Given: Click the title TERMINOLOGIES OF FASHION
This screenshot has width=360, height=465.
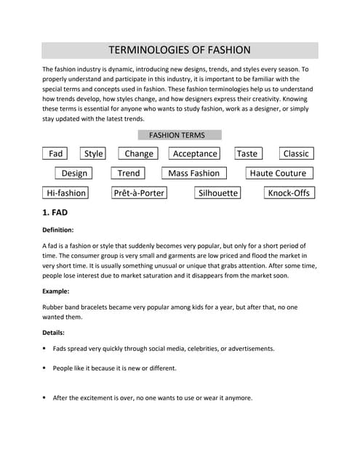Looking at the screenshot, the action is [x=179, y=50].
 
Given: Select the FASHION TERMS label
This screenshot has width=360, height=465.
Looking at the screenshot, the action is [x=177, y=135].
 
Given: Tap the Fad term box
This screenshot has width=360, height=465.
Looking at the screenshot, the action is [x=56, y=153].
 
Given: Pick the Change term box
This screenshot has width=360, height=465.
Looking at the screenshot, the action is [x=139, y=153].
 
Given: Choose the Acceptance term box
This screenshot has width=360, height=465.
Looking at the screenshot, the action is [x=195, y=153].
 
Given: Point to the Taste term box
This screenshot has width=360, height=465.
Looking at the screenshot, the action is [x=247, y=153].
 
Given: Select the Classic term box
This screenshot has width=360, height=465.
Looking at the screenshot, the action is [x=296, y=153].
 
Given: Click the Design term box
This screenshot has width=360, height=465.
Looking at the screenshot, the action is [x=74, y=173].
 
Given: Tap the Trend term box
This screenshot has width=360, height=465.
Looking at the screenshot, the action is [x=129, y=173].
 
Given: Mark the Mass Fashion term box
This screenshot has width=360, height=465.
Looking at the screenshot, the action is [x=193, y=173].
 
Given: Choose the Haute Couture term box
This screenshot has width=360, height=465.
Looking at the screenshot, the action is [x=278, y=173].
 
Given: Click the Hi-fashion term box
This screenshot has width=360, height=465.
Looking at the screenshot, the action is [x=66, y=193].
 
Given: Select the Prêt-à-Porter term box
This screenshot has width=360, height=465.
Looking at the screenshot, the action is [x=139, y=193].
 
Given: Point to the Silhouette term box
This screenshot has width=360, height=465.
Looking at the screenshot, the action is [x=218, y=193].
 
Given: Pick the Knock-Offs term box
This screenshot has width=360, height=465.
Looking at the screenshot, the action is [x=289, y=193].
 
